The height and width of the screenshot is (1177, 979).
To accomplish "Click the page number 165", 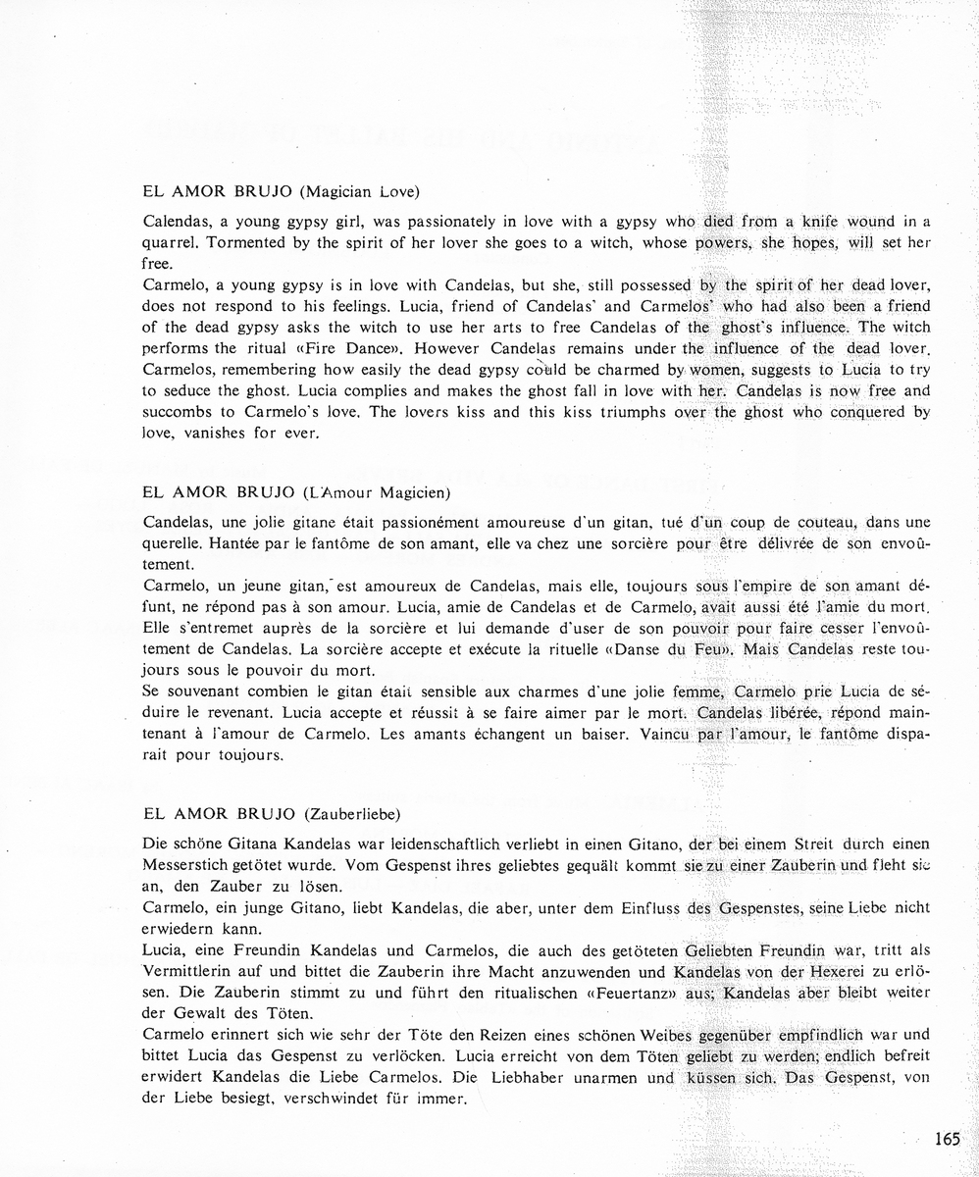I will point(947,1139).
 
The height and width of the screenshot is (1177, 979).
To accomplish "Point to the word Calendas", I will point(180,223).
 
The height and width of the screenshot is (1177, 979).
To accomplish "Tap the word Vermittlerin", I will point(191,970).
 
